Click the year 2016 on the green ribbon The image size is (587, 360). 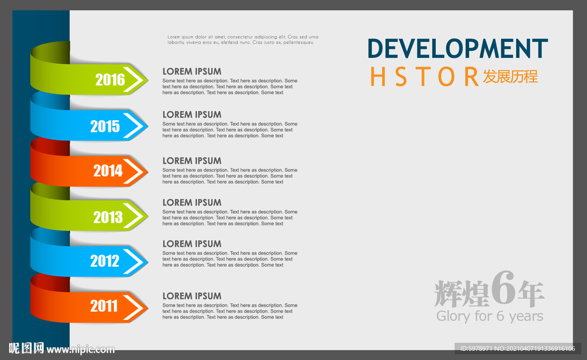coord(110,80)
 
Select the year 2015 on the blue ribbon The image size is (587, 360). coord(105,127)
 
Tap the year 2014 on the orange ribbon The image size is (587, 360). coord(108,171)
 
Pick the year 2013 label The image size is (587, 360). coord(108,217)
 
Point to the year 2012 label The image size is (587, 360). coord(105,261)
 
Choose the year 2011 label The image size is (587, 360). coord(104,306)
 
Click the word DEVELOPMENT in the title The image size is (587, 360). coord(457,49)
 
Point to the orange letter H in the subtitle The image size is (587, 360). coord(378,77)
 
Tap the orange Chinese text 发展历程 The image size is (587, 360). coord(510,77)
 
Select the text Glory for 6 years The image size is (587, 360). coord(490,316)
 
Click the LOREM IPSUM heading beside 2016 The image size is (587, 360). coord(191,72)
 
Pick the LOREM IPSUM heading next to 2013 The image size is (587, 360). coord(191,202)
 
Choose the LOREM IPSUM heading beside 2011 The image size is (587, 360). coord(191,296)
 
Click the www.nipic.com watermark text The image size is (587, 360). coord(80,350)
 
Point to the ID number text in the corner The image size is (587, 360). coord(518,349)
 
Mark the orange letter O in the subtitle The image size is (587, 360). coord(446,77)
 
